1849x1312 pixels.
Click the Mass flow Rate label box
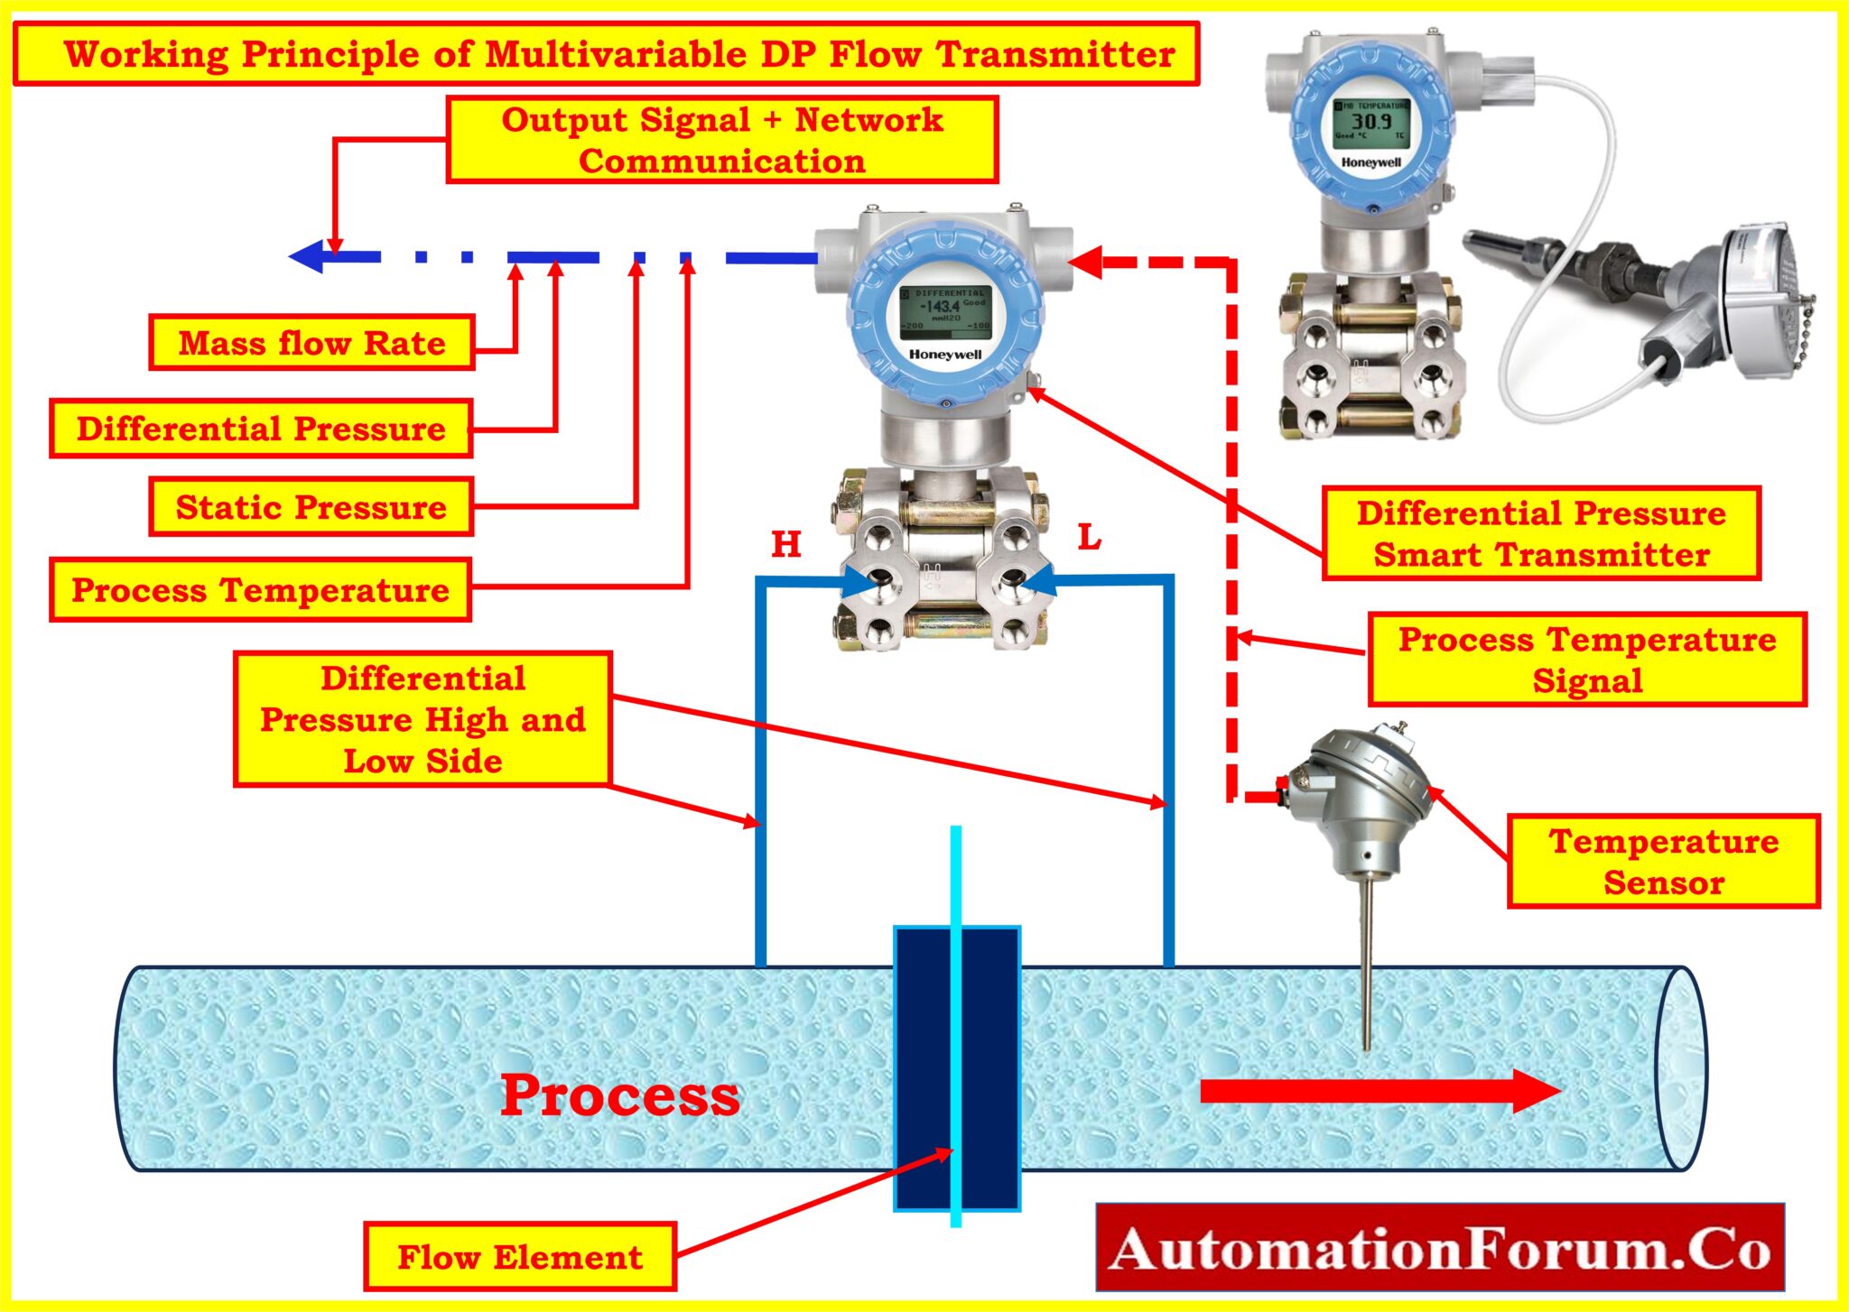click(x=311, y=343)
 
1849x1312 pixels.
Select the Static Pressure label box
click(x=311, y=507)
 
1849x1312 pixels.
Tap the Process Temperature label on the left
click(x=261, y=590)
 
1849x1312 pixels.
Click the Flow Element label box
click(x=520, y=1257)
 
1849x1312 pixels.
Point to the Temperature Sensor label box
click(x=1664, y=862)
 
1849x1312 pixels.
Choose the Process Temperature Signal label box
click(x=1587, y=660)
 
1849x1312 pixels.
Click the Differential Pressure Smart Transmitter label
click(x=1541, y=533)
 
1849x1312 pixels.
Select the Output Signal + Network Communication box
click(x=722, y=140)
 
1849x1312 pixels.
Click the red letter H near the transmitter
click(x=786, y=544)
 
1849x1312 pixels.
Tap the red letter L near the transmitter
click(x=1090, y=538)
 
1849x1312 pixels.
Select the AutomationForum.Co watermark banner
click(x=1440, y=1248)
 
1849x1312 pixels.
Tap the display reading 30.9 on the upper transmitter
click(x=1370, y=122)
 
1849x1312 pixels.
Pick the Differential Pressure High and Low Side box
click(x=423, y=720)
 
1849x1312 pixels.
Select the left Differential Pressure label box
click(x=261, y=429)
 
